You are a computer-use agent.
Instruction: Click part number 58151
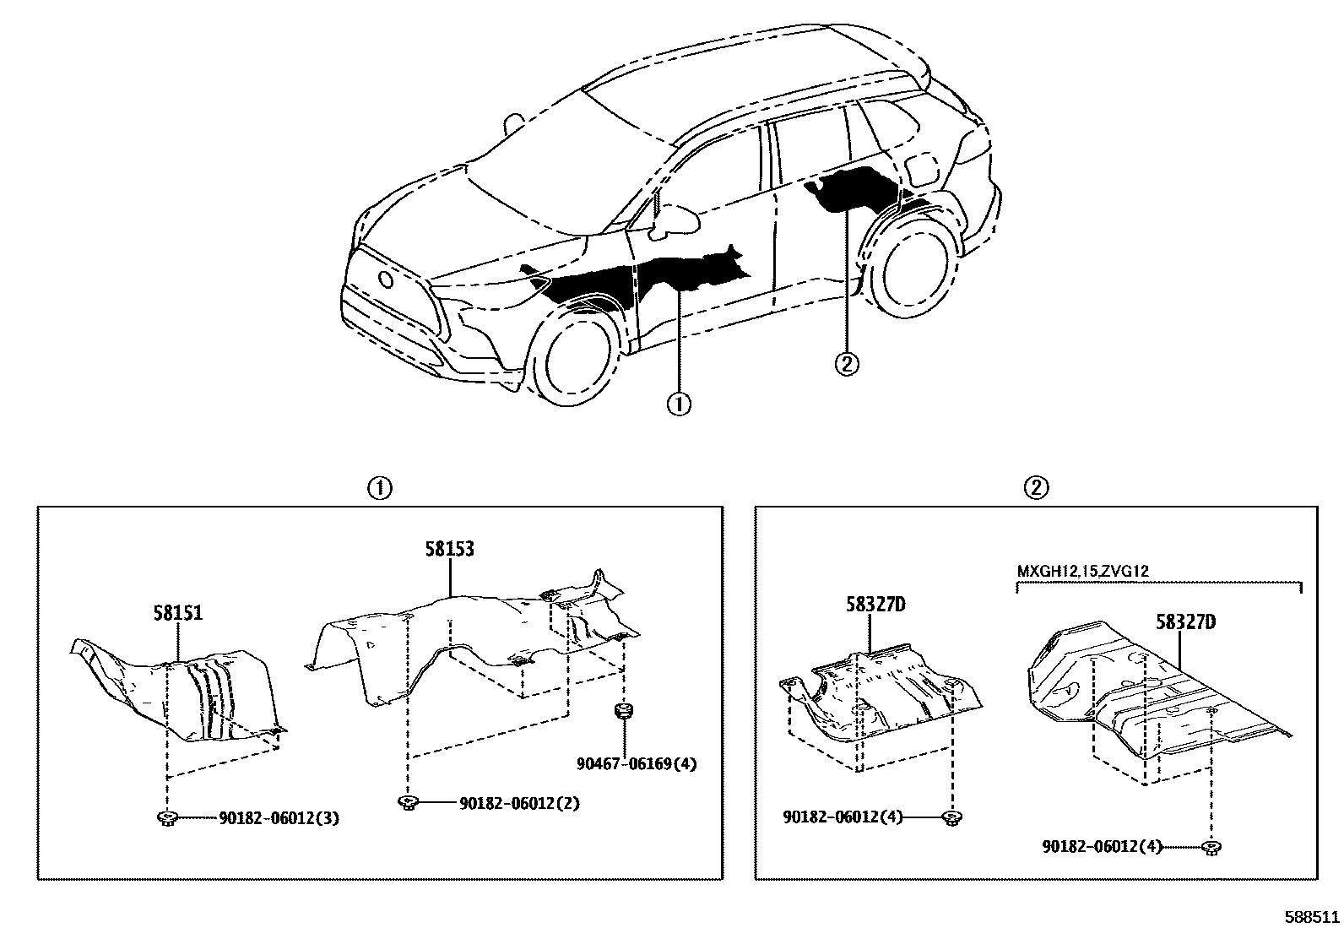coord(178,613)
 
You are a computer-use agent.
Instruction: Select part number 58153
coord(448,550)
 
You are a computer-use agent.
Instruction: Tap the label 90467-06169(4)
coord(637,765)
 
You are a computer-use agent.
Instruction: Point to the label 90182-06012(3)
coord(279,818)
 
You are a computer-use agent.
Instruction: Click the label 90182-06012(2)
coord(519,803)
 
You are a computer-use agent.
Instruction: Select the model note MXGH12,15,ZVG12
coord(1082,572)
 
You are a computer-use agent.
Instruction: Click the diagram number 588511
coord(1312,916)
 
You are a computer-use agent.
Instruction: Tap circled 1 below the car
coord(679,406)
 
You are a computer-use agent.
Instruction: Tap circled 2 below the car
coord(846,364)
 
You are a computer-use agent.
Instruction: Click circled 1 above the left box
coord(380,488)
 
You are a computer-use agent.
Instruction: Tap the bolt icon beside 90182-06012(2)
coord(409,803)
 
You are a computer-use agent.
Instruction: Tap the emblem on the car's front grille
coord(385,279)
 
